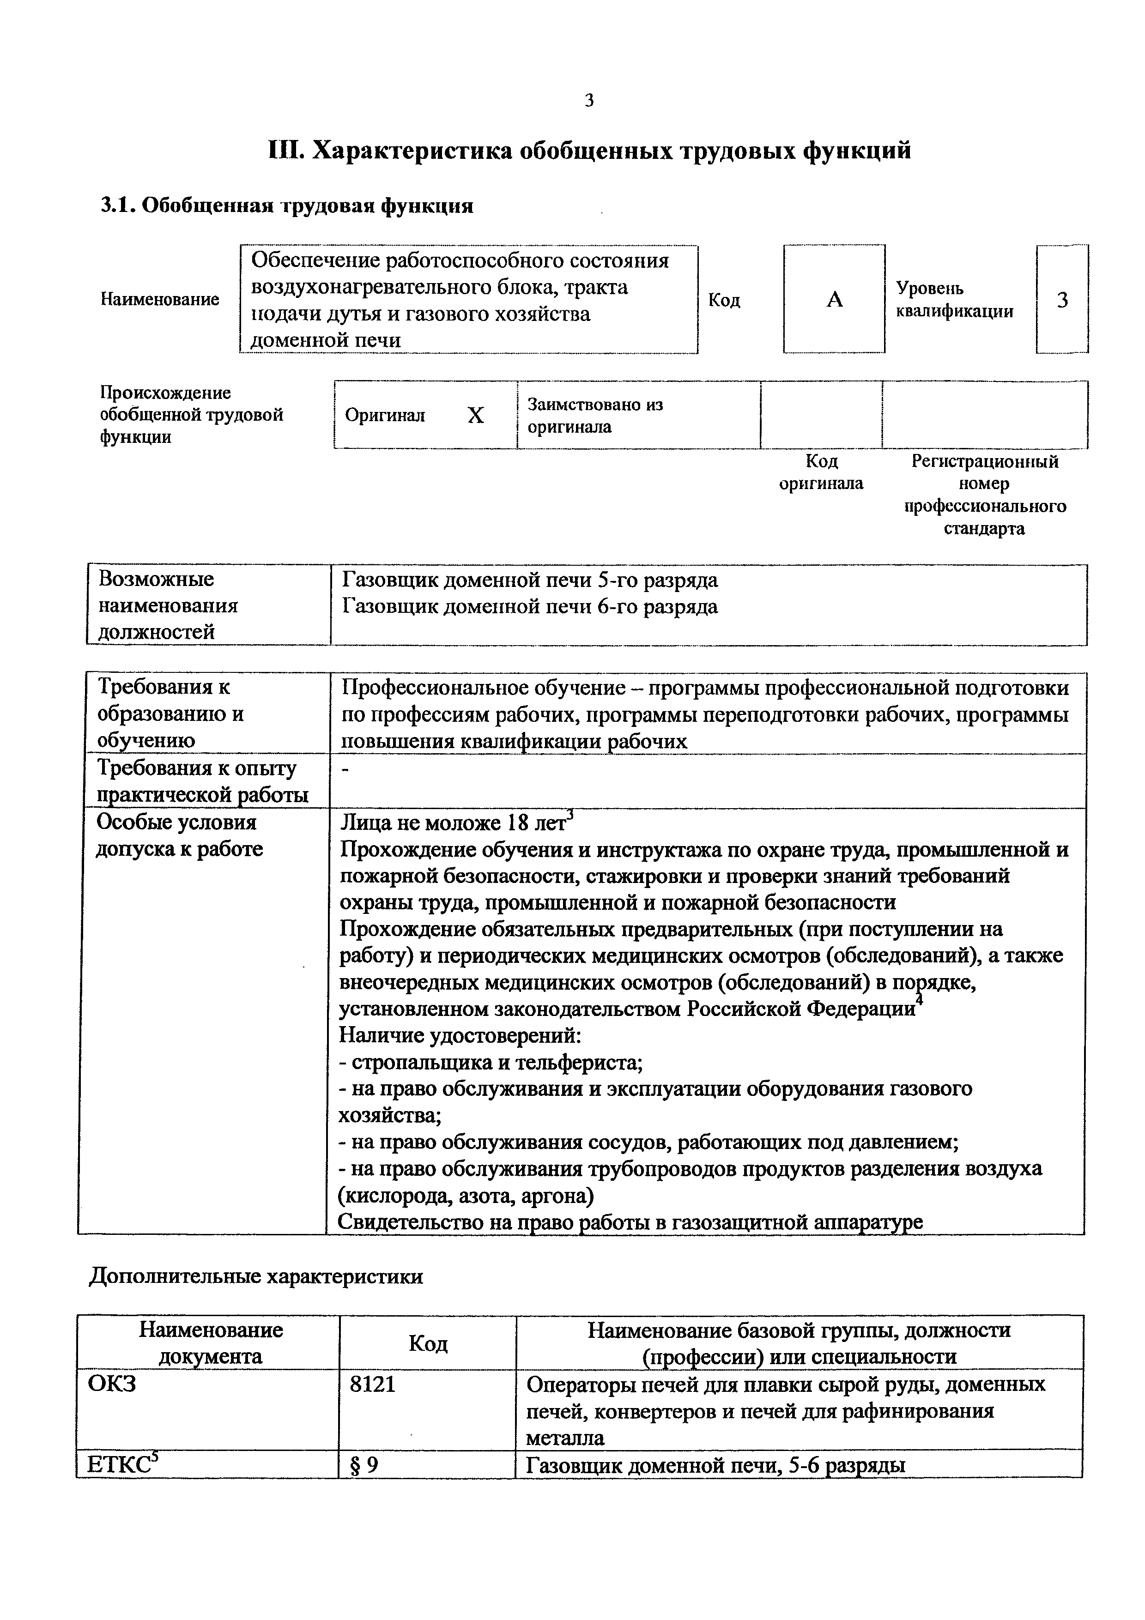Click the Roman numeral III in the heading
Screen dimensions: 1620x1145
pos(286,151)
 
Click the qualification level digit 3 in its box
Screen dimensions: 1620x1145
pos(1062,300)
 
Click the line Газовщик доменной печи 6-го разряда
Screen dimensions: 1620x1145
pos(530,606)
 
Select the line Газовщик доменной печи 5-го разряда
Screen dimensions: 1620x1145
pos(530,580)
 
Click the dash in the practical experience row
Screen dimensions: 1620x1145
pos(345,770)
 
